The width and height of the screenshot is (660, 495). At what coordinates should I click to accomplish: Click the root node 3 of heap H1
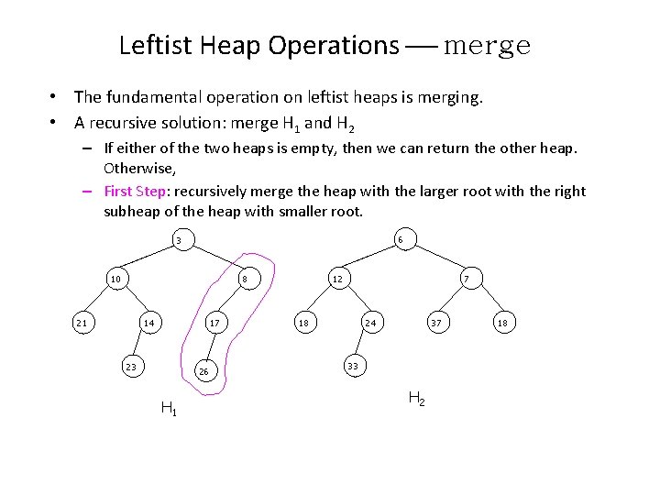click(x=180, y=241)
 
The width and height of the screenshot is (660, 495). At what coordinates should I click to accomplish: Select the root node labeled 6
click(x=401, y=240)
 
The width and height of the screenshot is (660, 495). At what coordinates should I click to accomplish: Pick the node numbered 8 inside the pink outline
click(x=245, y=279)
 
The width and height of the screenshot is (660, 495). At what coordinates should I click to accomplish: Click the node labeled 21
click(x=82, y=323)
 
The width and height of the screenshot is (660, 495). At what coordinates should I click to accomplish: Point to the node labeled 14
click(x=148, y=323)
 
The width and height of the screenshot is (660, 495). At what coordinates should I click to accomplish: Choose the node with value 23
click(x=131, y=367)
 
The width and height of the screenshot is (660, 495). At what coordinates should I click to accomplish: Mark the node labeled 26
click(x=204, y=371)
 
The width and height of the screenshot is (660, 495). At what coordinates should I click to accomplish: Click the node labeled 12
click(x=337, y=279)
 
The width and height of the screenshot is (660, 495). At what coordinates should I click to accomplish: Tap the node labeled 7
click(x=467, y=279)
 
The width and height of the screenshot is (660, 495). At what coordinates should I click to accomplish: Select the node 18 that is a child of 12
click(x=302, y=323)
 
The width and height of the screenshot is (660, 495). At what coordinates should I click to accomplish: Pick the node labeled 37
click(x=436, y=323)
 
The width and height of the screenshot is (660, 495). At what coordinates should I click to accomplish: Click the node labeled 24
click(x=370, y=323)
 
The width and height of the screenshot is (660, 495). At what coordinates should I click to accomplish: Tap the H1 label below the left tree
click(x=169, y=409)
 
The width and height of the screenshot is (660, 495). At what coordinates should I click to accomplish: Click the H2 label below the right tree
click(x=415, y=398)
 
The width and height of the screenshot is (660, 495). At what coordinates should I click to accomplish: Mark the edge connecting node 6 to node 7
click(x=433, y=258)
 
